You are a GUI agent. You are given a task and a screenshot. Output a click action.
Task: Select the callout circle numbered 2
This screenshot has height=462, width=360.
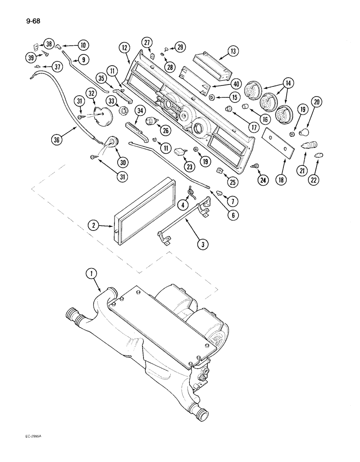coord(94,225)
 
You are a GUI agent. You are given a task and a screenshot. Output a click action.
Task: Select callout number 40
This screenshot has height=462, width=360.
coord(223,84)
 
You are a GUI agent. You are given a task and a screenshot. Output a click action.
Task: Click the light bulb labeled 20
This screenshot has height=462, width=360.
coord(304,133)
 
